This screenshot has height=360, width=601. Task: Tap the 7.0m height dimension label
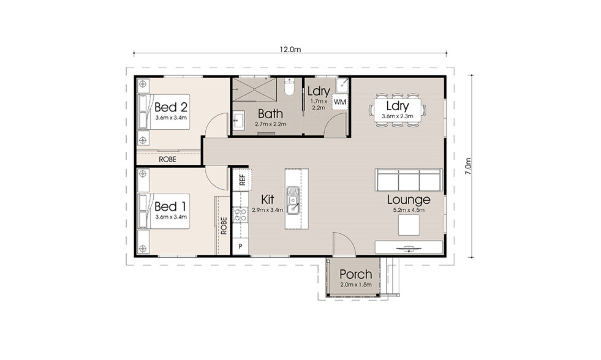tap(468, 166)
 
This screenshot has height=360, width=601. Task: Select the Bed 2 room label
tap(170, 105)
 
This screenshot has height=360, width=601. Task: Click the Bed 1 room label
tap(170, 206)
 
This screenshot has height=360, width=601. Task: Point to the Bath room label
tap(270, 113)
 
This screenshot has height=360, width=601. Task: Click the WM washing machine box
tap(339, 102)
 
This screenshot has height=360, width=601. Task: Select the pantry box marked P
tap(240, 246)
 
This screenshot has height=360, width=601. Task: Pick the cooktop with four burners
tap(240, 215)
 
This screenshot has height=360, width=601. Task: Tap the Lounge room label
tap(408, 200)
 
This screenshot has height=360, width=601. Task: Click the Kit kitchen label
tap(267, 200)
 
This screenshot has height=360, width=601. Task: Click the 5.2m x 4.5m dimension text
tap(408, 211)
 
